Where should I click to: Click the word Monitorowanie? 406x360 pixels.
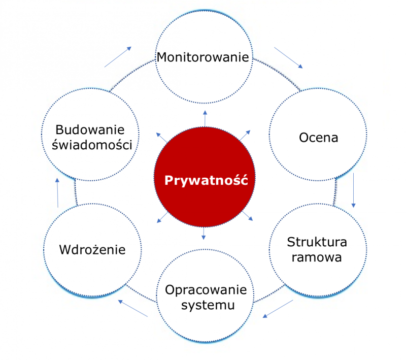click(x=203, y=56)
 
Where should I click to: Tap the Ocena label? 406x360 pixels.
click(x=318, y=138)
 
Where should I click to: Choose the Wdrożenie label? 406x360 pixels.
click(x=92, y=250)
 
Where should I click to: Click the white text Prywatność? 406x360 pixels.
click(x=206, y=180)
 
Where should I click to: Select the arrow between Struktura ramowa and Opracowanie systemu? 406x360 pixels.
click(x=278, y=308)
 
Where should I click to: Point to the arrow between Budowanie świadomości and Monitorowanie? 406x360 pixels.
click(x=118, y=57)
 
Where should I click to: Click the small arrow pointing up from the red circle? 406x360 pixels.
click(x=205, y=117)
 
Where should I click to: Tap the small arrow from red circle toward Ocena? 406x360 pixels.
click(x=245, y=135)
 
